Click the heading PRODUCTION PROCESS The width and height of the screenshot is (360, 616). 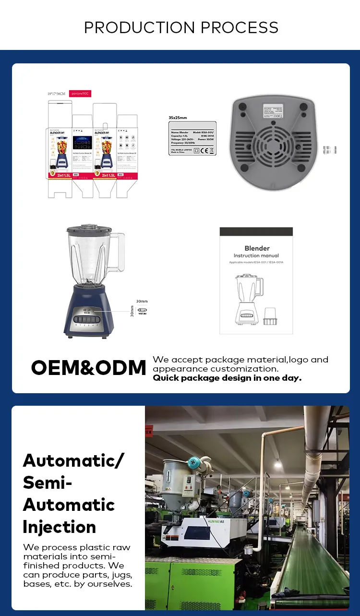[181, 27]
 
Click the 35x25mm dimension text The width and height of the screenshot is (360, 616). [178, 117]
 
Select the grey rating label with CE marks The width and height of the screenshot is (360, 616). [192, 138]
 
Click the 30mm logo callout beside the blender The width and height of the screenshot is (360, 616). [142, 310]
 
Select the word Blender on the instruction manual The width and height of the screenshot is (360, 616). [257, 248]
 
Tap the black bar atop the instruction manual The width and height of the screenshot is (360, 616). [256, 231]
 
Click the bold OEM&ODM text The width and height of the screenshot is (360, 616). [88, 368]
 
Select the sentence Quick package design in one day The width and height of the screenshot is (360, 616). [227, 378]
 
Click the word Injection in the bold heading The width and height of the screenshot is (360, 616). [60, 527]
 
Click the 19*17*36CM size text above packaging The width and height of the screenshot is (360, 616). [57, 94]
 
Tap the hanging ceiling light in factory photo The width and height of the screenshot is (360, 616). [278, 463]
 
